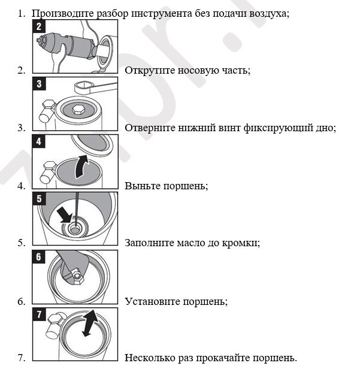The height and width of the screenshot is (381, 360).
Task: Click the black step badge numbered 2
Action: [x=39, y=26]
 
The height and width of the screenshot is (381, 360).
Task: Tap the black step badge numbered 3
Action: [x=39, y=84]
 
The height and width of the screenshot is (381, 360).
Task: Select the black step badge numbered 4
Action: [x=39, y=142]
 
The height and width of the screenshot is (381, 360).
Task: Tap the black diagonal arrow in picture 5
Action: [x=64, y=216]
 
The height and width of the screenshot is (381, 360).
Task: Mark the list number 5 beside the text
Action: [x=21, y=243]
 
